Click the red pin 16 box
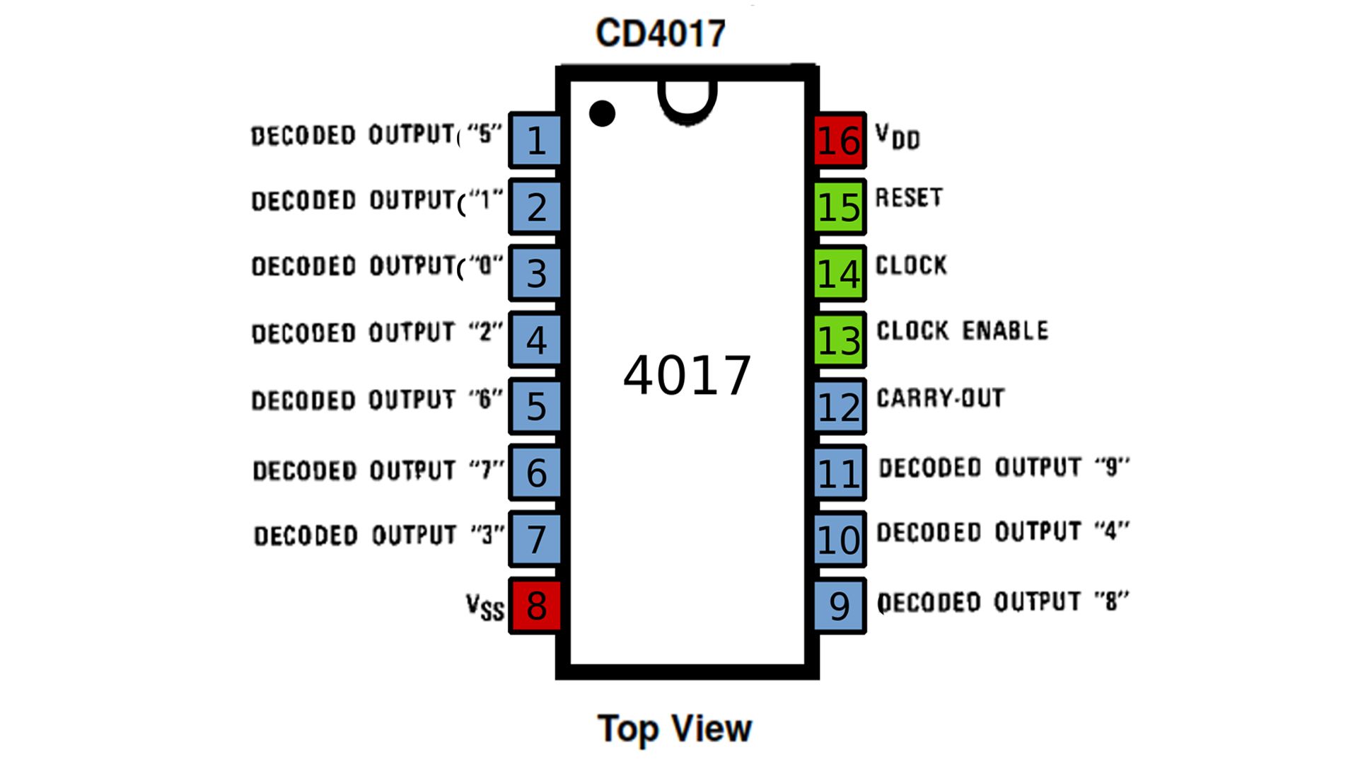[839, 139]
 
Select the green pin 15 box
[839, 207]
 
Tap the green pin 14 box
[839, 273]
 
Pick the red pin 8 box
[535, 606]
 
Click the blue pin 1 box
[535, 139]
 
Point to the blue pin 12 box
[839, 406]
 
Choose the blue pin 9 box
[839, 606]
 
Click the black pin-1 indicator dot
[602, 113]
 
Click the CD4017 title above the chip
[661, 33]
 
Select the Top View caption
[674, 729]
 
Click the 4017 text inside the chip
[686, 375]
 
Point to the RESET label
[909, 197]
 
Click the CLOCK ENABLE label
[962, 330]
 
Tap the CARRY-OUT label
[940, 398]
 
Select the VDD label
[897, 136]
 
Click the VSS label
[484, 607]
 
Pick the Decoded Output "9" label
[1004, 467]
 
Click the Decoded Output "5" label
[376, 134]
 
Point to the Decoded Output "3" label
[379, 535]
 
